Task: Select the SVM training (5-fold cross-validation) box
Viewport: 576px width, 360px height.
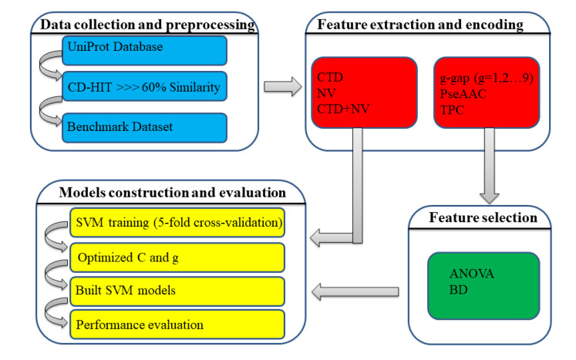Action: (177, 223)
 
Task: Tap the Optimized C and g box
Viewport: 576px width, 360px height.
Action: (177, 256)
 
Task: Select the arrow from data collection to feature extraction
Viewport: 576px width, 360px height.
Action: (278, 87)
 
